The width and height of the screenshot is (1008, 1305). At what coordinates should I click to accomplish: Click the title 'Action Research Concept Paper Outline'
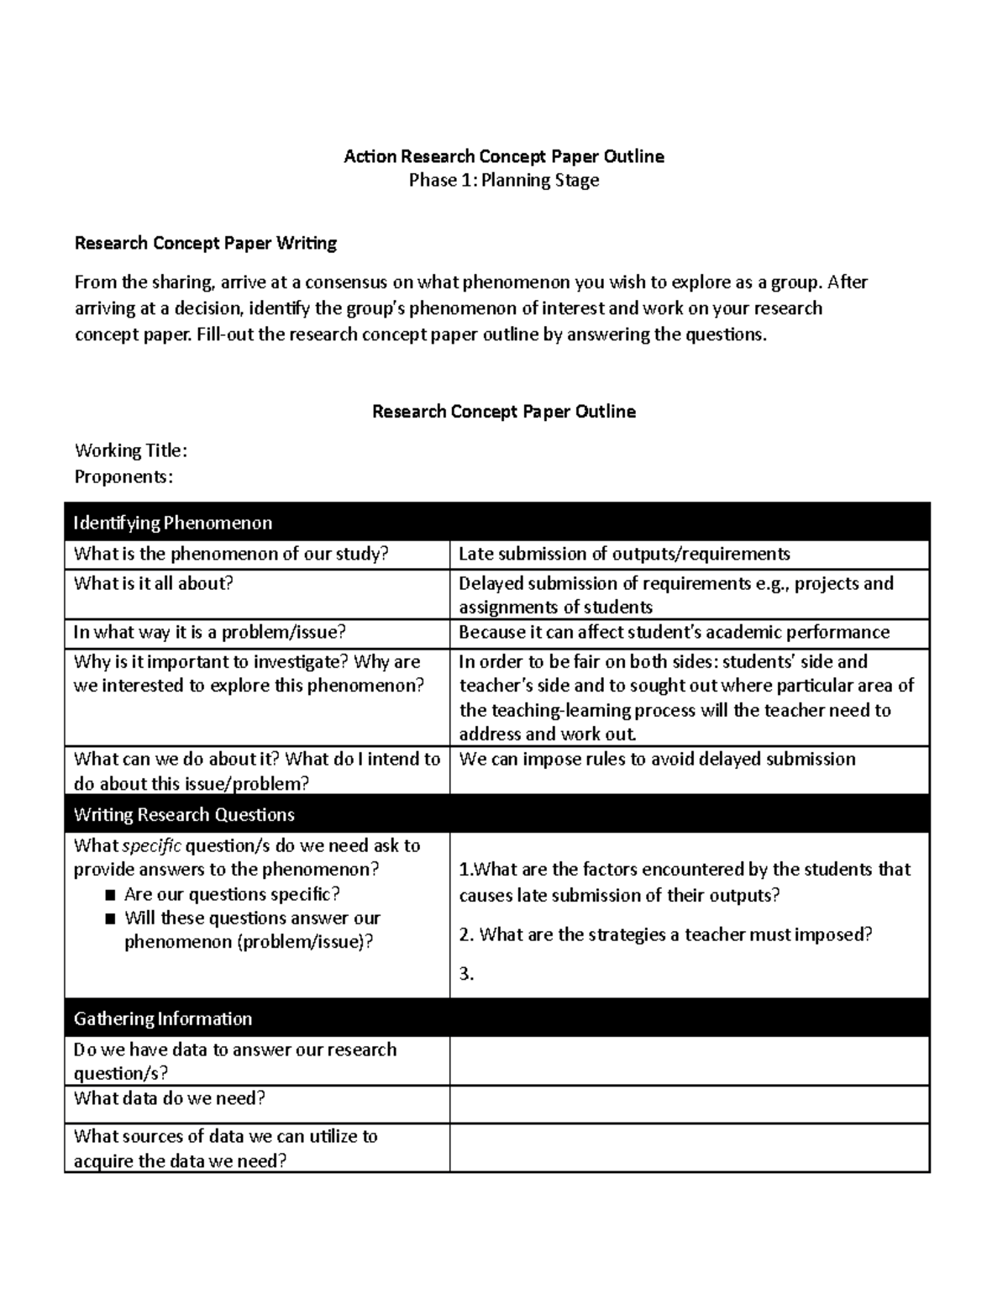tap(504, 156)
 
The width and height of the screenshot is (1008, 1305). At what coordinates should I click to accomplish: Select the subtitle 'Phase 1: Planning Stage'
tap(504, 180)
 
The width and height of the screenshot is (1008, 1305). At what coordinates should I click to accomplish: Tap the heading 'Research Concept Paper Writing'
tap(206, 243)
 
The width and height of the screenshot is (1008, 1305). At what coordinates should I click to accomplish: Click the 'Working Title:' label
tap(130, 450)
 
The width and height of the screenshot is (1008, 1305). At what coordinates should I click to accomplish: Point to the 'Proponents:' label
tap(123, 476)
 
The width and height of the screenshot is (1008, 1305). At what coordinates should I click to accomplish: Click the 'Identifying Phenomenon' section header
tap(173, 523)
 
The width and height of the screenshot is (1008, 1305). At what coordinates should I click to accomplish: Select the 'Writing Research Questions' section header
tap(184, 814)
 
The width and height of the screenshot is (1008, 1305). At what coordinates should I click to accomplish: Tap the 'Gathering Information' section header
tap(163, 1018)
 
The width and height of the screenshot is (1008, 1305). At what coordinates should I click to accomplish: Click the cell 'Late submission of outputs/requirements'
tap(624, 554)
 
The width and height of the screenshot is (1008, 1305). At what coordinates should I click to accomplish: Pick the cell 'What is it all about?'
tap(153, 583)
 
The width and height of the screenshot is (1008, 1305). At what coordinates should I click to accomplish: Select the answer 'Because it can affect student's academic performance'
tap(674, 632)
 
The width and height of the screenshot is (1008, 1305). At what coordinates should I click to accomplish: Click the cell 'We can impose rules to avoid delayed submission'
tap(657, 759)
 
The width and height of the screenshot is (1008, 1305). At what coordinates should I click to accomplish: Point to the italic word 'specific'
tap(152, 845)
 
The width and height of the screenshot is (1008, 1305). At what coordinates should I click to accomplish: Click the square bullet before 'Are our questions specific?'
tap(110, 895)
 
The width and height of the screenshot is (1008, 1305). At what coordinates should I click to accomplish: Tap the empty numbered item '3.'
tap(467, 975)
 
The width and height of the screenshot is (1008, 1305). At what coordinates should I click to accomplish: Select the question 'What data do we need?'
tap(170, 1098)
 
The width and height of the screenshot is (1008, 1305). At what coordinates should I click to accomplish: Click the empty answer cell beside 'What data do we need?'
tap(689, 1103)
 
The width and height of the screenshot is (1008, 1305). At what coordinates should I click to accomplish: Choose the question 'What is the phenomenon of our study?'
tap(231, 554)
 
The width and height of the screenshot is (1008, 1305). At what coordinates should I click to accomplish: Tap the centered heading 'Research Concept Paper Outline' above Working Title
tap(504, 412)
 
